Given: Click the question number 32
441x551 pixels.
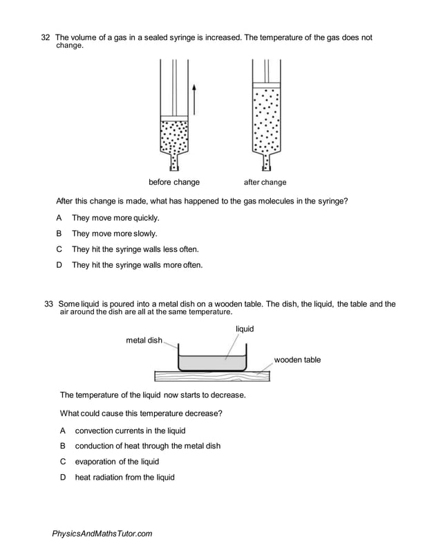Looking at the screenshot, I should point(46,37).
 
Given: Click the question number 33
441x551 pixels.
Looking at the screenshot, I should point(48,304).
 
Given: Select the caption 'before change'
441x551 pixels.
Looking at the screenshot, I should point(174,182).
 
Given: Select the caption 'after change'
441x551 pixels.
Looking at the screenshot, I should point(265,183).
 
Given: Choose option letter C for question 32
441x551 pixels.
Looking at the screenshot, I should point(59,249).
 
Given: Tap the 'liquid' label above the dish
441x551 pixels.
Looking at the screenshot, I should point(245,329).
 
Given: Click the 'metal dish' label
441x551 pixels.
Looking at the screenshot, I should point(144,341).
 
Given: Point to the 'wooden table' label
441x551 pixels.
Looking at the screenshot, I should point(297,360).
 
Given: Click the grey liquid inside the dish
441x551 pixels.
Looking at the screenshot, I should point(212,363).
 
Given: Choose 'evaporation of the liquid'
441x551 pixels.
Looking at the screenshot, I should point(117,462).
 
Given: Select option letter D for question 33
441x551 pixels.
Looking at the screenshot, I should point(62,477).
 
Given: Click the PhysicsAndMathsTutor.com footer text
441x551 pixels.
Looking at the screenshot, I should point(102,534).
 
